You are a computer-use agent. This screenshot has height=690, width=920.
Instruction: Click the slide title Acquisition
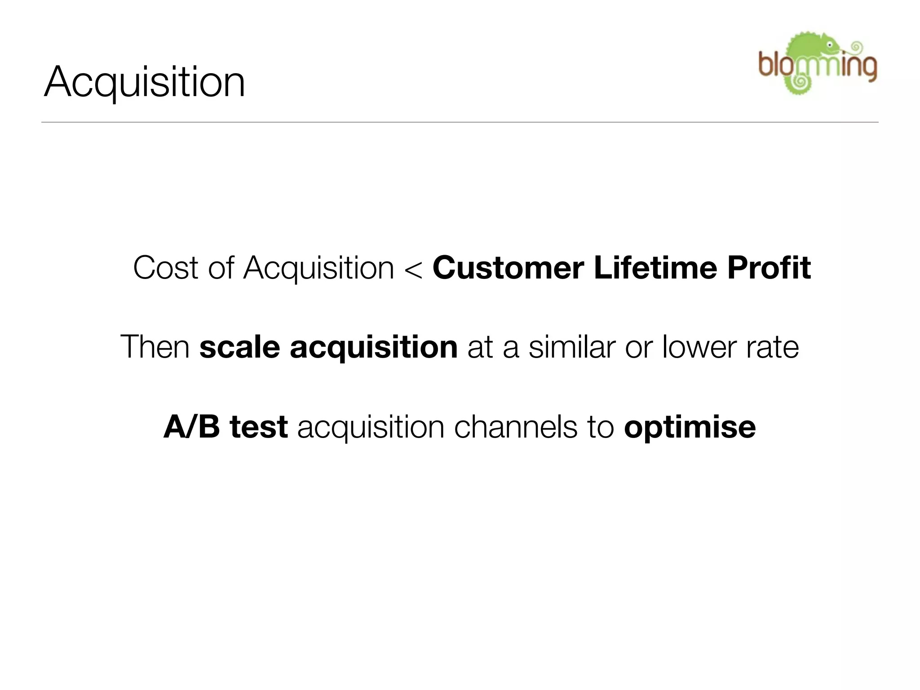pos(145,82)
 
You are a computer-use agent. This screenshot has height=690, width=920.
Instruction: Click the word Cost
pos(165,268)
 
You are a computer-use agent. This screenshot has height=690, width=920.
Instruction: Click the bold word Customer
pos(508,268)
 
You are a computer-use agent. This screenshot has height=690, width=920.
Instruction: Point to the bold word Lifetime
pos(655,268)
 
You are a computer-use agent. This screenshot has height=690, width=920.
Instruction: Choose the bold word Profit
pos(769,268)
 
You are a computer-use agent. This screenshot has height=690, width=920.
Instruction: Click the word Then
pos(155,347)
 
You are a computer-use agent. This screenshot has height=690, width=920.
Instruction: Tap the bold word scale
pos(240,347)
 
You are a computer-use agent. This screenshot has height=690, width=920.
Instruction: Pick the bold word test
pos(259,427)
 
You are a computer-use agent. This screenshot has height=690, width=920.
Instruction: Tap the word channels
pos(515,426)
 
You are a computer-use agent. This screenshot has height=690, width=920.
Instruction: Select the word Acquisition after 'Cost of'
pos(318,269)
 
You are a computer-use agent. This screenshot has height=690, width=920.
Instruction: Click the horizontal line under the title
pos(460,122)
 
